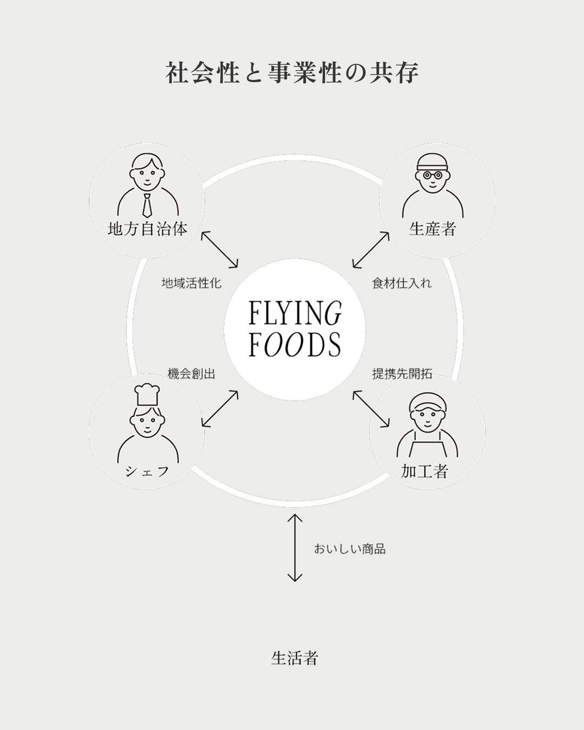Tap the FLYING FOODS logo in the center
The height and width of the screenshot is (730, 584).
[x=295, y=329]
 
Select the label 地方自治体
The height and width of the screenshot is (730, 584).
[x=147, y=229]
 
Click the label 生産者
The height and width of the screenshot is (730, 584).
[x=433, y=229]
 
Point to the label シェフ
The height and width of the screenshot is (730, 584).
[x=147, y=472]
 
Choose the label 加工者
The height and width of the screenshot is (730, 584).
[x=424, y=472]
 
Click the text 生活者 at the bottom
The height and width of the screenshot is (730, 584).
[x=294, y=658]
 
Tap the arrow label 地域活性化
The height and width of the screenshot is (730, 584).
[x=191, y=283]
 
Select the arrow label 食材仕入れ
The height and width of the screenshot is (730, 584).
[x=402, y=283]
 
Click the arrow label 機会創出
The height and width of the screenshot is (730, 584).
[x=191, y=374]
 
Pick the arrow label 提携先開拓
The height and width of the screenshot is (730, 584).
[x=402, y=374]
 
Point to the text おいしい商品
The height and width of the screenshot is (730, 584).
[x=349, y=549]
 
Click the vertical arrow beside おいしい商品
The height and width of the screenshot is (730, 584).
[x=294, y=548]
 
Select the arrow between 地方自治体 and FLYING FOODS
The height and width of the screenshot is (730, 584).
[x=220, y=250]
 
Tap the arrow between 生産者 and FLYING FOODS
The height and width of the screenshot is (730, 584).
[x=371, y=250]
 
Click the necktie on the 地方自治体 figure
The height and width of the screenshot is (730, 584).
[x=147, y=204]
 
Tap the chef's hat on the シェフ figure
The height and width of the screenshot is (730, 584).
[x=147, y=395]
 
